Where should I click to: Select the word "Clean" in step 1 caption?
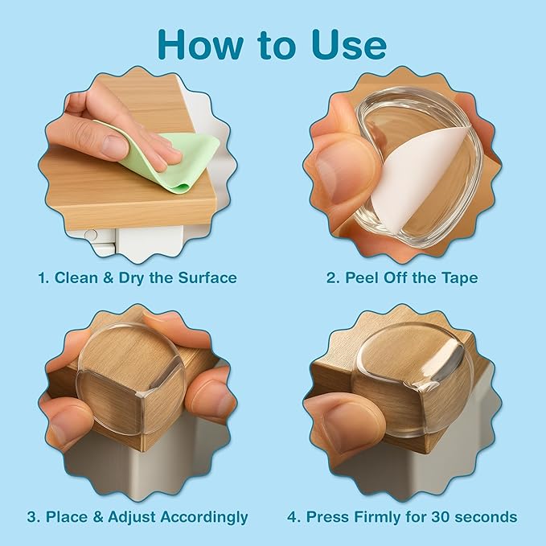(74, 277)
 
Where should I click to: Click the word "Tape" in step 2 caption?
(457, 277)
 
